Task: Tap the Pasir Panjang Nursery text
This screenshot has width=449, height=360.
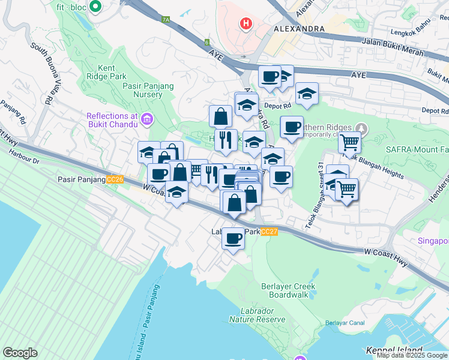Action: click(x=148, y=91)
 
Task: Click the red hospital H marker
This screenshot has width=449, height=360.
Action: click(x=245, y=24)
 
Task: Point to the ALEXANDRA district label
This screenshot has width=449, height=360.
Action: click(x=299, y=28)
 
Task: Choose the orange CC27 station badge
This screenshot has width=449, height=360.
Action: click(x=271, y=232)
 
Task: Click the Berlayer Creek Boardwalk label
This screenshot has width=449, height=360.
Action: click(x=288, y=290)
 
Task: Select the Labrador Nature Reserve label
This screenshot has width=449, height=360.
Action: click(x=262, y=315)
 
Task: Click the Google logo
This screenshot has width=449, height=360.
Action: click(x=20, y=353)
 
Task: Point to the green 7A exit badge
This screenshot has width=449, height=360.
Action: click(x=166, y=19)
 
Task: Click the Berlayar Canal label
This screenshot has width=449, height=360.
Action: click(x=345, y=323)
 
